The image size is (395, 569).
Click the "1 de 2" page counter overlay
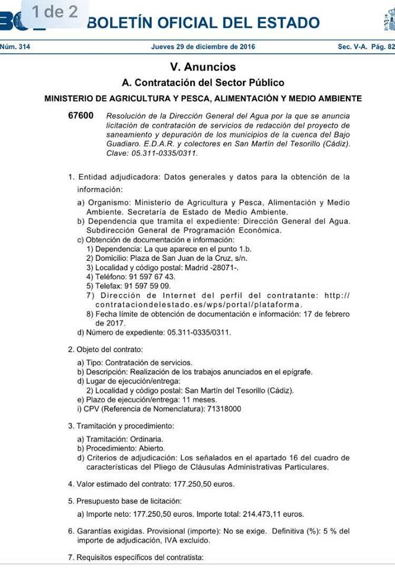54,12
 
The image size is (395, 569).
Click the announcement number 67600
81,116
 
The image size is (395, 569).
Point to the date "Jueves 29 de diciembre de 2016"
203,47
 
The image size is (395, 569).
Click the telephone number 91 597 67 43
148,276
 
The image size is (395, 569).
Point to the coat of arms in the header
388,21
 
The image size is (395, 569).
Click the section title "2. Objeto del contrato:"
105,350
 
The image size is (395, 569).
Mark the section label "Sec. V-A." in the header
353,47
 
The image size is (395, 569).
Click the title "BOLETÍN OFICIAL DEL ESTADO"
203,23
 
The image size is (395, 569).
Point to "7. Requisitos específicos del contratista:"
136,557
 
